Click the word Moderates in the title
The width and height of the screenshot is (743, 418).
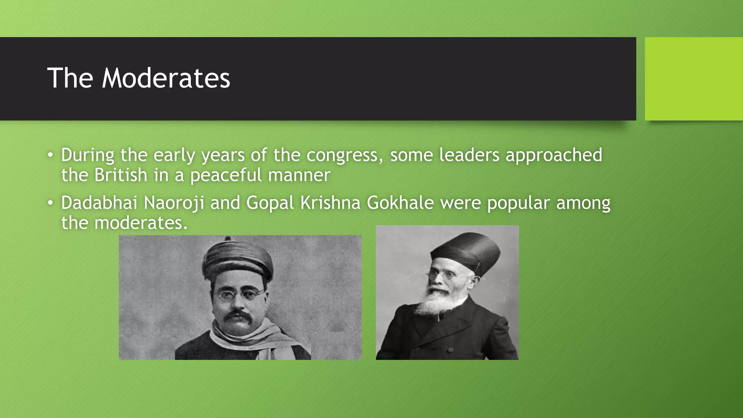[166, 78]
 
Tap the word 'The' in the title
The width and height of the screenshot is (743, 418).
[70, 78]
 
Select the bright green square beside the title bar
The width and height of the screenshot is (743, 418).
[694, 79]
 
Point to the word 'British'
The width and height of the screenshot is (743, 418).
[121, 175]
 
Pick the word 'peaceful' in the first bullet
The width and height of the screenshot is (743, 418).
[226, 176]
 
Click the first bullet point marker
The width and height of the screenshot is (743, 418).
[50, 156]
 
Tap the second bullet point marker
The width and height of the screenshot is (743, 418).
[50, 203]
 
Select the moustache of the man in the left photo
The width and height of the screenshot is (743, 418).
[238, 315]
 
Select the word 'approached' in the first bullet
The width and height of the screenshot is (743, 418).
[554, 155]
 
